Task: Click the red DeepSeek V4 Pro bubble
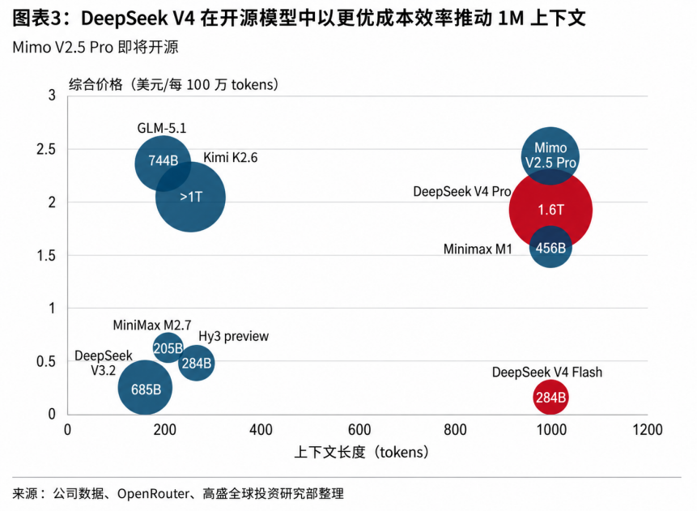[x=550, y=210]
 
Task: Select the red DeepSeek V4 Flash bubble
[x=550, y=398]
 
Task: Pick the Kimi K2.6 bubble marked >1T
[x=192, y=197]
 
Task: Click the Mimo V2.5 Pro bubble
[x=550, y=154]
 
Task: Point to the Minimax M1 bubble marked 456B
[x=550, y=248]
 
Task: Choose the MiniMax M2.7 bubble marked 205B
[x=168, y=347]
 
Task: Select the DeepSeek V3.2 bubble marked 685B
[x=146, y=389]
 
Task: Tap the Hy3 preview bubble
[x=196, y=364]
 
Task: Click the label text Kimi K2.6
[x=230, y=158]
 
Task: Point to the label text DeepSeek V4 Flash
[x=547, y=373]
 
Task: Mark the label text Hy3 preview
[x=233, y=336]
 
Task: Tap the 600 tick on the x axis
[x=358, y=429]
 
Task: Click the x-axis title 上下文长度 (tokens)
[x=361, y=452]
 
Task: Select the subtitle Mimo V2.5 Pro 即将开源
[x=96, y=47]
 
